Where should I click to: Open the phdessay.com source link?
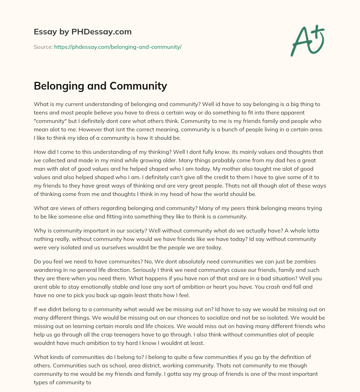pyautogui.click(x=118, y=47)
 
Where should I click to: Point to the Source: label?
pyautogui.click(x=43, y=47)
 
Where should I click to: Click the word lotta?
pyautogui.click(x=312, y=231)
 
